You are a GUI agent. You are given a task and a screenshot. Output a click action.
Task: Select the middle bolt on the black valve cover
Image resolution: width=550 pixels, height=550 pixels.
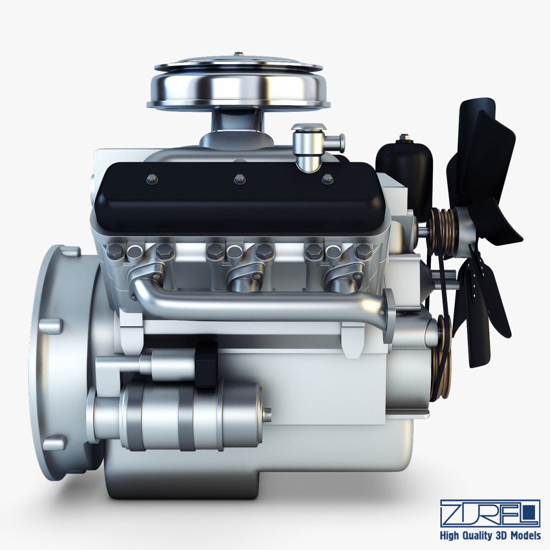[238, 179]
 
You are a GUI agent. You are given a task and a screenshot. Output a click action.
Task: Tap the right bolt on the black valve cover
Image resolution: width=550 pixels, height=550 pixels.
[326, 179]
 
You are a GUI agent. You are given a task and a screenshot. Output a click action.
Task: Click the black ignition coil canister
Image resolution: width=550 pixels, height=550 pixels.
[404, 170]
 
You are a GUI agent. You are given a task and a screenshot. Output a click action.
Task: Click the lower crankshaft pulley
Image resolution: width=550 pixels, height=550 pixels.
[441, 355]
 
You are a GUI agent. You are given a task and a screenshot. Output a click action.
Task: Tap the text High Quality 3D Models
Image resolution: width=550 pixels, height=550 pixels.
[490, 535]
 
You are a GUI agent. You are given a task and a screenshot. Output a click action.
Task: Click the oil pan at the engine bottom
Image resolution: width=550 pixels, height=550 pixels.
[257, 472]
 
